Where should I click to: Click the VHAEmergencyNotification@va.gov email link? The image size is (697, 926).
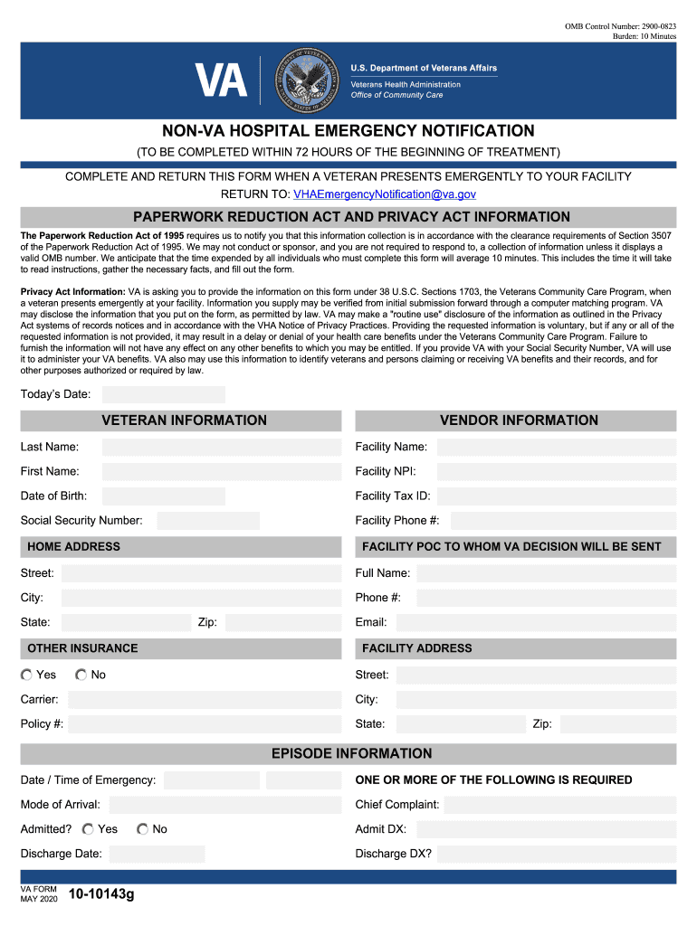[385, 194]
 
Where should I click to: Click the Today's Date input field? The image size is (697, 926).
[163, 394]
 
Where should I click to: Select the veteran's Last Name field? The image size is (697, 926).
[221, 447]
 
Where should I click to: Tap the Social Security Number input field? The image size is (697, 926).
[207, 520]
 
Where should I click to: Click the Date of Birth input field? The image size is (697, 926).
[163, 496]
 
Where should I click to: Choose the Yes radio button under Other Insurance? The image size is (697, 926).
[27, 675]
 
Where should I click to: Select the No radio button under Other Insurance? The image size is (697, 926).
[81, 675]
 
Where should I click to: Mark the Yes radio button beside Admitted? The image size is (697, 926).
[88, 828]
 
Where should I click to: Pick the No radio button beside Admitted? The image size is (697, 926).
[143, 828]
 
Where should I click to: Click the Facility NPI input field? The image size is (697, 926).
[555, 471]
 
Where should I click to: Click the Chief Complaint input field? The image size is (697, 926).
[559, 805]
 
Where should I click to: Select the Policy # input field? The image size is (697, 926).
[204, 723]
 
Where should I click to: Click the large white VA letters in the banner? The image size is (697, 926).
[222, 80]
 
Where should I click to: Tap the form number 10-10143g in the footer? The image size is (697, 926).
[101, 895]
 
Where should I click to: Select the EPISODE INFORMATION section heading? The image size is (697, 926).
[352, 753]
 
